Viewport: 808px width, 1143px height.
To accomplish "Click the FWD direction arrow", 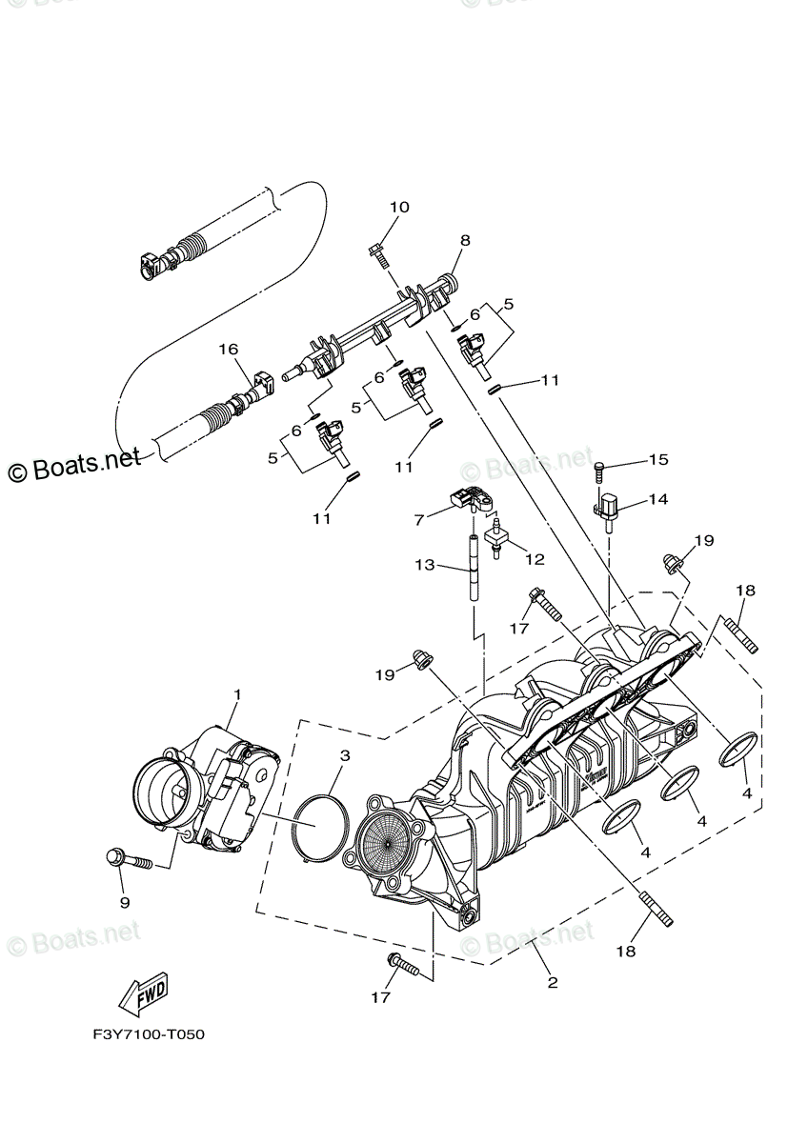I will [144, 994].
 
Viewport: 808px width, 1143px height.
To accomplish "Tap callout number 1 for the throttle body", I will [237, 694].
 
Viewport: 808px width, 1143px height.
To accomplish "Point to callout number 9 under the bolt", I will [124, 902].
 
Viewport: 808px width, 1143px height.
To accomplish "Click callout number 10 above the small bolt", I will [399, 207].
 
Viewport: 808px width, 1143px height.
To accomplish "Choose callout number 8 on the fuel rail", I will [465, 240].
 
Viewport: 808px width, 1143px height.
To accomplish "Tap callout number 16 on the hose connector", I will [228, 350].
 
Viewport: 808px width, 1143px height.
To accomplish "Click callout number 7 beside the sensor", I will [417, 521].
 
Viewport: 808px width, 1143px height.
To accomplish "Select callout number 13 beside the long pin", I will [424, 565].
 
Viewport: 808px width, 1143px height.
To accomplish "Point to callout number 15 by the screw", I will [658, 460].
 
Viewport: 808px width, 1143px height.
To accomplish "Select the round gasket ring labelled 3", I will [318, 830].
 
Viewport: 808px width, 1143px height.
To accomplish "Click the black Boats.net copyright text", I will [74, 467].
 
